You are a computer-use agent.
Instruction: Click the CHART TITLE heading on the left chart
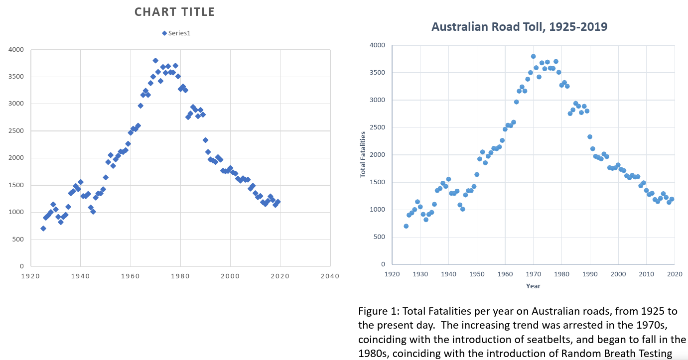[x=174, y=11]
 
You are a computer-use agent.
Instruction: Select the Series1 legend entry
[x=176, y=33]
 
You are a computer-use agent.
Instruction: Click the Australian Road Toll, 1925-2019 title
[x=519, y=27]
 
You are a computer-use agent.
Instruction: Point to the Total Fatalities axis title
[x=363, y=154]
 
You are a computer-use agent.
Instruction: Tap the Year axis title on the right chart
[x=533, y=286]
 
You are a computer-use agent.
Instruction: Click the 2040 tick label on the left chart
[x=330, y=276]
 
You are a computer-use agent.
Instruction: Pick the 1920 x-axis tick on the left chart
[x=30, y=276]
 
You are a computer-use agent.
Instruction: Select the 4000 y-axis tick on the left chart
[x=16, y=50]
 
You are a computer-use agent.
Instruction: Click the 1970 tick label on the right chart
[x=533, y=274]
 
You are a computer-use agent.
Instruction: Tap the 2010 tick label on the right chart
[x=646, y=274]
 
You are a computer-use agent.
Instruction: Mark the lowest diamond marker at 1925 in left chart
[x=43, y=229]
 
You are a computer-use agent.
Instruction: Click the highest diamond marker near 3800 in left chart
[x=155, y=61]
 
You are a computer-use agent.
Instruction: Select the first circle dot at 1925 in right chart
[x=406, y=226]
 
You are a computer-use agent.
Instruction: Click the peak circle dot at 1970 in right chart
[x=533, y=56]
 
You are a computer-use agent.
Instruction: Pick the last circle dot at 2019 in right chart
[x=672, y=199]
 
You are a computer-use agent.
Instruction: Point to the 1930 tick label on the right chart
[x=420, y=274]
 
